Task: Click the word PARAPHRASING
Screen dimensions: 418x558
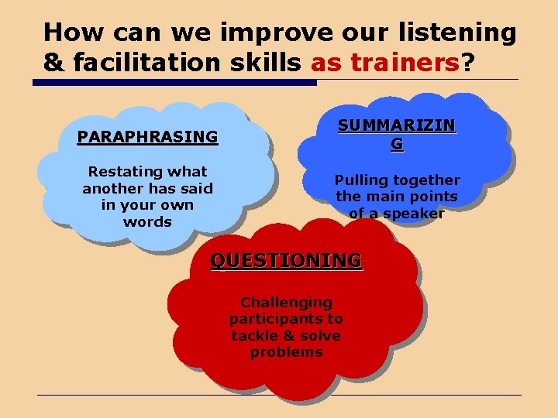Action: (x=147, y=137)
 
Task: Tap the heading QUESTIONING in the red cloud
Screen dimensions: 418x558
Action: (x=286, y=260)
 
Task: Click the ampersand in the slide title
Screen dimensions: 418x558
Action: (x=53, y=63)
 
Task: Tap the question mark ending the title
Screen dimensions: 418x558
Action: (x=467, y=63)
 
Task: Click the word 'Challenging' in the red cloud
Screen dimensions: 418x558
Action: (x=286, y=302)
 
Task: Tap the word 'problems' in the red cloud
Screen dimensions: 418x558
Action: (x=286, y=352)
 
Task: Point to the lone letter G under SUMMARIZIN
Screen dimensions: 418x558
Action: (x=397, y=144)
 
